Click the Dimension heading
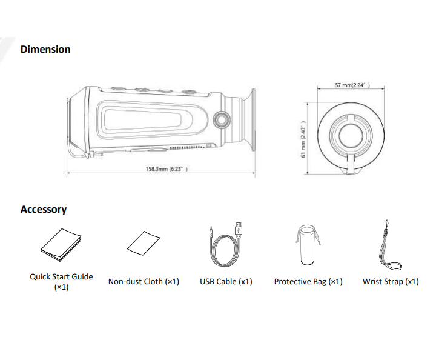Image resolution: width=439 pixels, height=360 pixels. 45,49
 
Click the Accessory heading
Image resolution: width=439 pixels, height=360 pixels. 44,209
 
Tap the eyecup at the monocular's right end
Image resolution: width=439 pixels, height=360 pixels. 247,121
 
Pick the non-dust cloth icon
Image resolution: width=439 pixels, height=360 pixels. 144,244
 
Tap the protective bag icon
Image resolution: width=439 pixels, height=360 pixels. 308,245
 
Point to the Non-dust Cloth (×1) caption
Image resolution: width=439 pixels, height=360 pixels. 144,282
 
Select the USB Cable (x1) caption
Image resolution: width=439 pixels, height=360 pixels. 226,282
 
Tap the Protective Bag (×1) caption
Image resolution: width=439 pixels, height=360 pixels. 308,282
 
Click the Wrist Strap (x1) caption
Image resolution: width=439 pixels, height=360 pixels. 391,282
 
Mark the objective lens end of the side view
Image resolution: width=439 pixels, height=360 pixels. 73,121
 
